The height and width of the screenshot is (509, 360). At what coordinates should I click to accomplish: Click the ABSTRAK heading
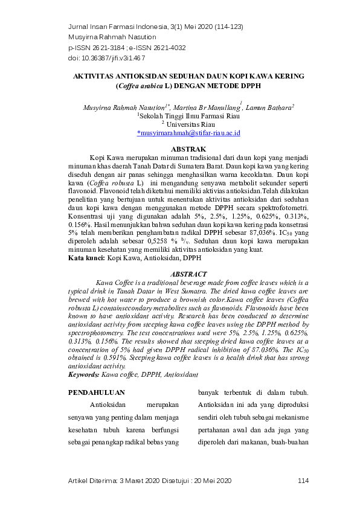coord(188,149)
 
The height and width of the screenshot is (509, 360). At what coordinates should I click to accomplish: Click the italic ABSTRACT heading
coord(188,274)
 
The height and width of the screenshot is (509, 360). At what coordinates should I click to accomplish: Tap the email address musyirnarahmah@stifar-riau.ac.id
coord(189,132)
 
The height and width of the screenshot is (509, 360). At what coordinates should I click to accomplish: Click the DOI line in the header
coord(106,58)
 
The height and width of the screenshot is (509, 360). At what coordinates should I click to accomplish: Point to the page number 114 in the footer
coord(303,480)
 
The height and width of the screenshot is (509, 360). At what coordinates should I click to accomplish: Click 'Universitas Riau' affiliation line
coord(188,123)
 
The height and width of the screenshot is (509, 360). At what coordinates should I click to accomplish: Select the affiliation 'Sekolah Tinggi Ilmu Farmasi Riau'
coord(188,115)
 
